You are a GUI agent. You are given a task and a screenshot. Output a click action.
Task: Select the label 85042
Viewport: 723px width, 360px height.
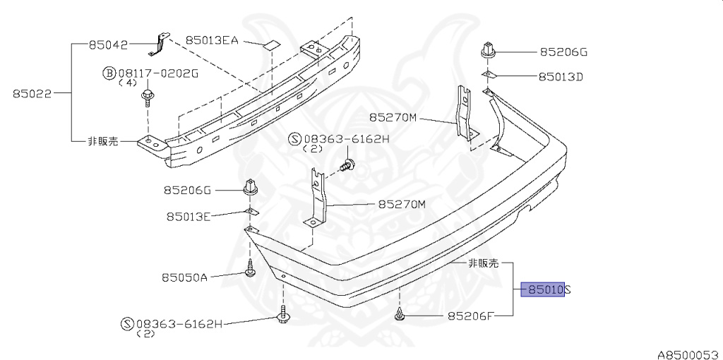point(108,44)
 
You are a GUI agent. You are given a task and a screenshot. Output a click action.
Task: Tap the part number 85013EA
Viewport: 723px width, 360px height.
point(211,40)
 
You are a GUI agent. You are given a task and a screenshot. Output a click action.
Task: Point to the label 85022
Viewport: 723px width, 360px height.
point(32,92)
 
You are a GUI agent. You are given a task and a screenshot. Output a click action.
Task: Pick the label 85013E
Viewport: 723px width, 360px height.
point(189,217)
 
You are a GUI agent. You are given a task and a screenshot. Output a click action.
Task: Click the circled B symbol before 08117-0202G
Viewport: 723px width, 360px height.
point(109,73)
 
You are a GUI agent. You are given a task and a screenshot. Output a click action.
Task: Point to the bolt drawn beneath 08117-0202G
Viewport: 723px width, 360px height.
point(148,97)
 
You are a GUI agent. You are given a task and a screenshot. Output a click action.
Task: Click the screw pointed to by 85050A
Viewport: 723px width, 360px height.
point(250,269)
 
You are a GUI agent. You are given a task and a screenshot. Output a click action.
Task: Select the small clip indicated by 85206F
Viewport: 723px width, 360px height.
point(400,315)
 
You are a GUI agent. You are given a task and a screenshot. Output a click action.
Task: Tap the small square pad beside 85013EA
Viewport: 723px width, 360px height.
point(272,46)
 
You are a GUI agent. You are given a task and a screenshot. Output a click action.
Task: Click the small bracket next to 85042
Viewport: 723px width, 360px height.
point(160,44)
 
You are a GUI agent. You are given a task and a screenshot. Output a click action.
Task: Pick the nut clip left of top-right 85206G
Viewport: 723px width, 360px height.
point(487,52)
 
